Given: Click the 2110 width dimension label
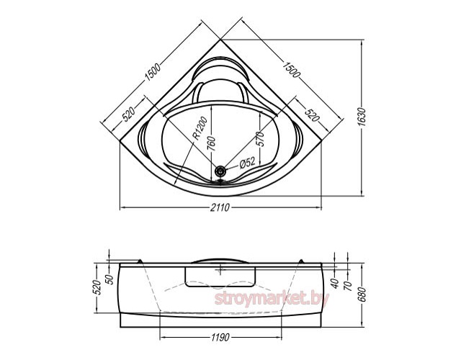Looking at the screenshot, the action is [x=220, y=208].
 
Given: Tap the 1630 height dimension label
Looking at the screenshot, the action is [x=362, y=117].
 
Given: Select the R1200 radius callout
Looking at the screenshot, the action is [x=200, y=128].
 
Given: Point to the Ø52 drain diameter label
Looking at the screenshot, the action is [x=247, y=163].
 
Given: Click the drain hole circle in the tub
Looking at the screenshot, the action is [x=220, y=170].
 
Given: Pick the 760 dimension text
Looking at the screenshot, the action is [x=212, y=144].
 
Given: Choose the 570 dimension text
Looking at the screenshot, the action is [x=260, y=139].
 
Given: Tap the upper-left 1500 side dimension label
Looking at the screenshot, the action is [x=153, y=72].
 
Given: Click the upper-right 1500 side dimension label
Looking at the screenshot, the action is [x=291, y=70].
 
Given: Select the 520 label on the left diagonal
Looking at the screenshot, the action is [x=129, y=114].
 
